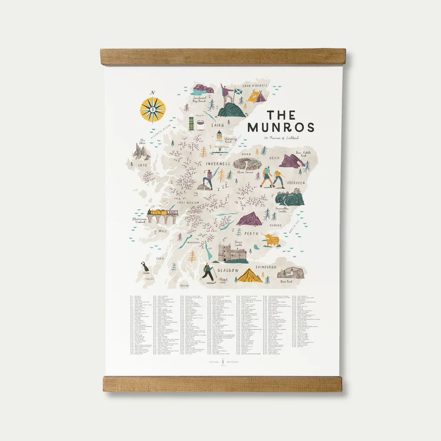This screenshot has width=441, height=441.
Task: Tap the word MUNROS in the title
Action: (281, 127)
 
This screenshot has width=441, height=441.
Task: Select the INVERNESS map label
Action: (218, 163)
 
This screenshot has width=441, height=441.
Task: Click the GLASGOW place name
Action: (228, 270)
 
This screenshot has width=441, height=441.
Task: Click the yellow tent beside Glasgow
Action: (249, 277)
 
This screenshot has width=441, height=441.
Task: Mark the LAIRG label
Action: (218, 126)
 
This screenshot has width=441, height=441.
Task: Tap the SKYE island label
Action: (142, 165)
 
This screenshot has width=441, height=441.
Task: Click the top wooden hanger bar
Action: (223, 57)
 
